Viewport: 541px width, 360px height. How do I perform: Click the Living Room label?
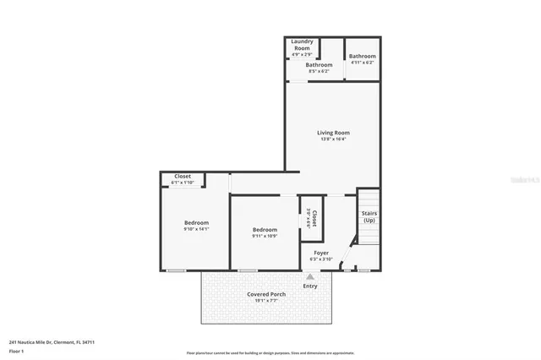tap(333, 133)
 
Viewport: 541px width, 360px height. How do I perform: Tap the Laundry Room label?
tap(302, 45)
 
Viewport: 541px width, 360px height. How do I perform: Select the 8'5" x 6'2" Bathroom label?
tap(319, 64)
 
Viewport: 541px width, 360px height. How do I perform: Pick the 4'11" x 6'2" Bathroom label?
tap(362, 57)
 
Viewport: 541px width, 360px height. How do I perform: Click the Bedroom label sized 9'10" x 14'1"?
tap(196, 222)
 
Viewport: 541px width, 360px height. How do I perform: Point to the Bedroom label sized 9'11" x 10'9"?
tap(265, 229)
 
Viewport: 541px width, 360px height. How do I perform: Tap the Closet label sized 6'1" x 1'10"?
tap(183, 177)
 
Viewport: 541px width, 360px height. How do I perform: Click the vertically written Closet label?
tap(314, 219)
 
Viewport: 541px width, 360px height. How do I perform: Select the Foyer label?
tap(321, 252)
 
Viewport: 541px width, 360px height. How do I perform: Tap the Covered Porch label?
tap(266, 294)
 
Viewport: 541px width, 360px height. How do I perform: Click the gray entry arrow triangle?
tap(309, 275)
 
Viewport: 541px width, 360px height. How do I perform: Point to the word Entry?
tap(310, 286)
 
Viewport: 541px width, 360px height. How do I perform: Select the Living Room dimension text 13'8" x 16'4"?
tap(333, 139)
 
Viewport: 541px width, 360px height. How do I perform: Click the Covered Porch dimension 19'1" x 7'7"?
tap(266, 301)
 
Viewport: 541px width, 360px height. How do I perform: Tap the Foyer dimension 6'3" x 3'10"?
tap(321, 259)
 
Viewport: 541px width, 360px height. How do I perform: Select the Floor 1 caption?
tap(16, 351)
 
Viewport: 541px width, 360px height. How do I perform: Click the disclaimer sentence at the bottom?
tap(270, 353)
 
